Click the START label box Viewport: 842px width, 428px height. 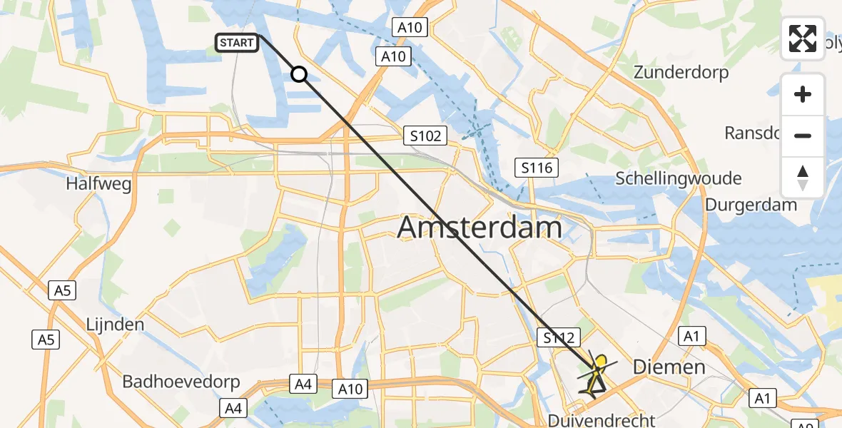click(x=236, y=44)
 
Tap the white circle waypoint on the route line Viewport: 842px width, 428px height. click(x=299, y=74)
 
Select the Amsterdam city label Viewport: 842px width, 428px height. click(x=479, y=228)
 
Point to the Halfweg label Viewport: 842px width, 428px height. click(x=98, y=184)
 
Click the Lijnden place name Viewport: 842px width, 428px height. click(x=115, y=325)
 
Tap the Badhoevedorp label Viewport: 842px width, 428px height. click(x=181, y=381)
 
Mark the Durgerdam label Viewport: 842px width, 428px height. click(x=751, y=205)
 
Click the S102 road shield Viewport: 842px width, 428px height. click(x=425, y=136)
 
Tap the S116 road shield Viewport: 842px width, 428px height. click(x=537, y=168)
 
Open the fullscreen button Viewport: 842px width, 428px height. click(x=803, y=39)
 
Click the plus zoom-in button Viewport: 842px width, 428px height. click(x=803, y=94)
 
